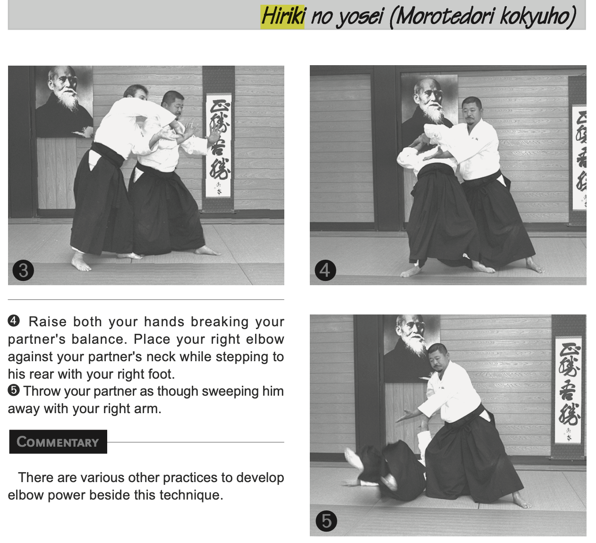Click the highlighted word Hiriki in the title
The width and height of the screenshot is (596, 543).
click(282, 17)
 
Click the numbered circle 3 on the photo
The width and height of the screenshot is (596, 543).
click(23, 270)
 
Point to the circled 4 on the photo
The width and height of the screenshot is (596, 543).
click(325, 270)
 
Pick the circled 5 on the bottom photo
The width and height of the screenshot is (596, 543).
click(326, 521)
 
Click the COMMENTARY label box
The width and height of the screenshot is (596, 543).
click(58, 441)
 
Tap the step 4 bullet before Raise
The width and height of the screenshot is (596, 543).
click(14, 321)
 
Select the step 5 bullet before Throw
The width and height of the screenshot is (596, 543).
click(14, 390)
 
